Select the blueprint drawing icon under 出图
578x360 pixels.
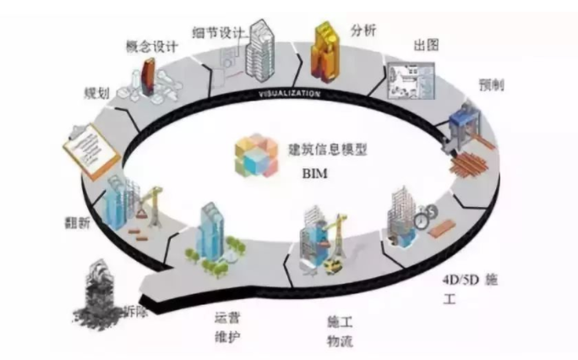[407, 88]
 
